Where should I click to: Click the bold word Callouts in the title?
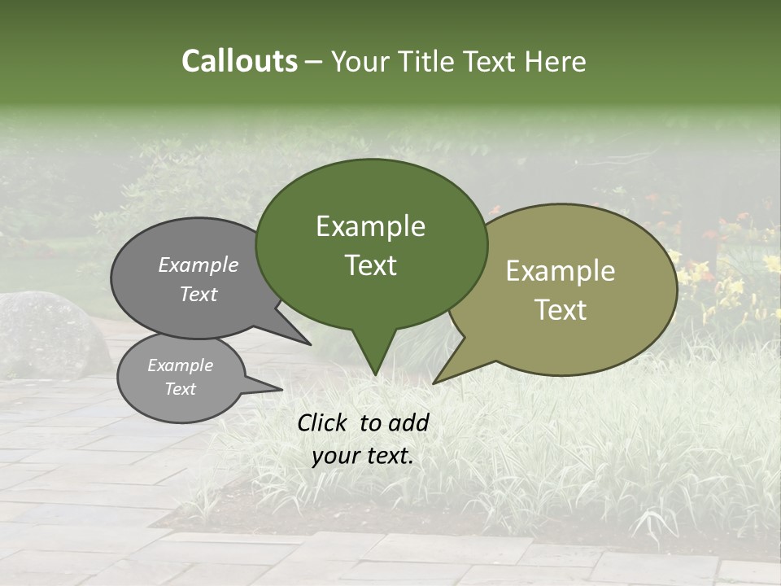pyautogui.click(x=239, y=61)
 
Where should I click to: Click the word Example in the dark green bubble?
pyautogui.click(x=370, y=226)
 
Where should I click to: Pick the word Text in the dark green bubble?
pyautogui.click(x=370, y=265)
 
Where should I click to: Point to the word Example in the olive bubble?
pyautogui.click(x=561, y=271)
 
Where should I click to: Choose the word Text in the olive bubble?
pyautogui.click(x=561, y=310)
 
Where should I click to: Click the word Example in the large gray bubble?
pyautogui.click(x=199, y=265)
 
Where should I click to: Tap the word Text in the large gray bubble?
pyautogui.click(x=199, y=294)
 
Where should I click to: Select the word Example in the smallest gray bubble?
pyautogui.click(x=180, y=365)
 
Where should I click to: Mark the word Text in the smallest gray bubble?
pyautogui.click(x=180, y=389)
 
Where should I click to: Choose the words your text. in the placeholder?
pyautogui.click(x=363, y=456)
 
